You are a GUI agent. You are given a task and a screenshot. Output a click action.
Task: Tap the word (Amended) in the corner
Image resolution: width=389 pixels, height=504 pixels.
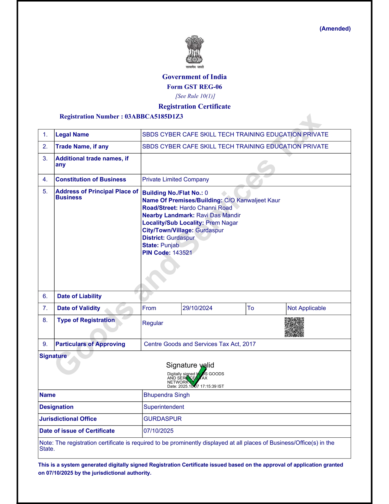pos(335,29)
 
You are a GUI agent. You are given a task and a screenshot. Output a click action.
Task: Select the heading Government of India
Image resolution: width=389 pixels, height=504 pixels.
pos(194,77)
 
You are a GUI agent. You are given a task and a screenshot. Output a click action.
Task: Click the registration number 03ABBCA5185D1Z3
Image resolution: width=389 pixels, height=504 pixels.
pos(154,116)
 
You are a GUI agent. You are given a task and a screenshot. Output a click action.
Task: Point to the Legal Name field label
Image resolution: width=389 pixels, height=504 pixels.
pos(72,135)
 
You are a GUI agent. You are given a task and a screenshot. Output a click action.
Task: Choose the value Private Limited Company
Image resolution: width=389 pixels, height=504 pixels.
pos(175,180)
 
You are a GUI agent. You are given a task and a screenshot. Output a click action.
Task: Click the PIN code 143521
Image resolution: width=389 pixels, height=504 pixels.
pos(182,253)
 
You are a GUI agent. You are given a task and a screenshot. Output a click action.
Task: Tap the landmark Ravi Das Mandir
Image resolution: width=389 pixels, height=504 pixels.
pos(218,215)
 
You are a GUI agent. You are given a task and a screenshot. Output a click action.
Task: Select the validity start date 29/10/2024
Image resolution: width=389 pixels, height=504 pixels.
pos(197,308)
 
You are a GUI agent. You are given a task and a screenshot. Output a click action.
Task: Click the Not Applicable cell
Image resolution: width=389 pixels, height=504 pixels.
pos(307,308)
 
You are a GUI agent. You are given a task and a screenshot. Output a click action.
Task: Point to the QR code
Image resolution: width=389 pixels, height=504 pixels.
pos(294,327)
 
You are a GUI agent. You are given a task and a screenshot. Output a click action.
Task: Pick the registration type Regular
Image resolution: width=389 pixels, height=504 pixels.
pos(153,323)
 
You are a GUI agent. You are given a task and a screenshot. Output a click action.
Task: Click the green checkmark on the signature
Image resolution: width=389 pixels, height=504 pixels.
pos(196,376)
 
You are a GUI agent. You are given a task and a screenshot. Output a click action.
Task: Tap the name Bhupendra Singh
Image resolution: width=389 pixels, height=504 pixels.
pos(167,395)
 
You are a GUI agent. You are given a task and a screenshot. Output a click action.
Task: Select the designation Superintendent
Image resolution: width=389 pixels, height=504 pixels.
pos(164,407)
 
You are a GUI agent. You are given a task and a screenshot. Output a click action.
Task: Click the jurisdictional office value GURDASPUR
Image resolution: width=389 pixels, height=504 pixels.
pos(163,419)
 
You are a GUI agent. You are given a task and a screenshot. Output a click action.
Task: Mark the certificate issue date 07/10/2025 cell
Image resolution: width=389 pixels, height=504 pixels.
pos(159,431)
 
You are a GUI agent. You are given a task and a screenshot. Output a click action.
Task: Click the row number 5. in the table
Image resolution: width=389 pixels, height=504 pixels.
pos(45,192)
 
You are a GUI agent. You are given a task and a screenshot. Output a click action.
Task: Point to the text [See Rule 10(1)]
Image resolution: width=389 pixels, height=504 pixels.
pos(195,96)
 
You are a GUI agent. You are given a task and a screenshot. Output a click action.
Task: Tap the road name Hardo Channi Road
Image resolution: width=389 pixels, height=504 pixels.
pos(206,208)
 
